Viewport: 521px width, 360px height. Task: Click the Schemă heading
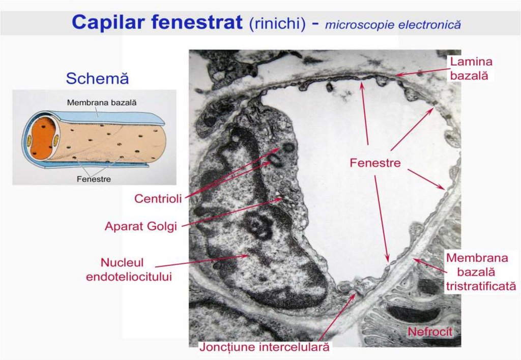97,79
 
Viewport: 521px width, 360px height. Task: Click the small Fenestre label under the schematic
94,179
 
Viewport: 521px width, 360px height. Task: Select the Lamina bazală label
471,69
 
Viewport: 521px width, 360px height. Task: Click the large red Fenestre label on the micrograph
375,163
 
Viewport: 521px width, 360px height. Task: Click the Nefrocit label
429,332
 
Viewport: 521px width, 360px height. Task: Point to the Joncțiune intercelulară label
264,348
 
